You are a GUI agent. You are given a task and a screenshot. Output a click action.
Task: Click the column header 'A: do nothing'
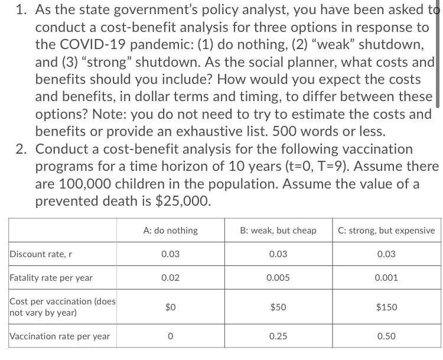pyautogui.click(x=171, y=230)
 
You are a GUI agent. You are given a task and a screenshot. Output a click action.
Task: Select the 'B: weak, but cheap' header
pyautogui.click(x=278, y=230)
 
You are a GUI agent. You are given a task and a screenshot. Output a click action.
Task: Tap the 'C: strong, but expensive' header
pyautogui.click(x=386, y=230)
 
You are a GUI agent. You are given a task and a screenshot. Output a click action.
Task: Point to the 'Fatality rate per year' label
pyautogui.click(x=51, y=277)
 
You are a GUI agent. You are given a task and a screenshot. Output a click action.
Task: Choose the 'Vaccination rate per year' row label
pyautogui.click(x=60, y=336)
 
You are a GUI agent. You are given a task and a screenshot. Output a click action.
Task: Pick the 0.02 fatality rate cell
pyautogui.click(x=171, y=277)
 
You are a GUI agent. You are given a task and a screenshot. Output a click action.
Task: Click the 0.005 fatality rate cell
pyautogui.click(x=278, y=277)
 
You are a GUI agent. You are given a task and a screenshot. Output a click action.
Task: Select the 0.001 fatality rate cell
pyautogui.click(x=386, y=277)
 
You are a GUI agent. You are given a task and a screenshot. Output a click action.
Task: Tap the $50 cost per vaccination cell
pyautogui.click(x=278, y=307)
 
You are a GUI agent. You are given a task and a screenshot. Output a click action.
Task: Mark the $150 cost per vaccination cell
pyautogui.click(x=386, y=307)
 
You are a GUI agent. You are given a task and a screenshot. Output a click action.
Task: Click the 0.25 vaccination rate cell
pyautogui.click(x=278, y=336)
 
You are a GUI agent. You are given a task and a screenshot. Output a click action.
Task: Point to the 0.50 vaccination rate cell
pyautogui.click(x=386, y=336)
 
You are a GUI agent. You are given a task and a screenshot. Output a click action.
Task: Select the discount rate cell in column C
pyautogui.click(x=386, y=254)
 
